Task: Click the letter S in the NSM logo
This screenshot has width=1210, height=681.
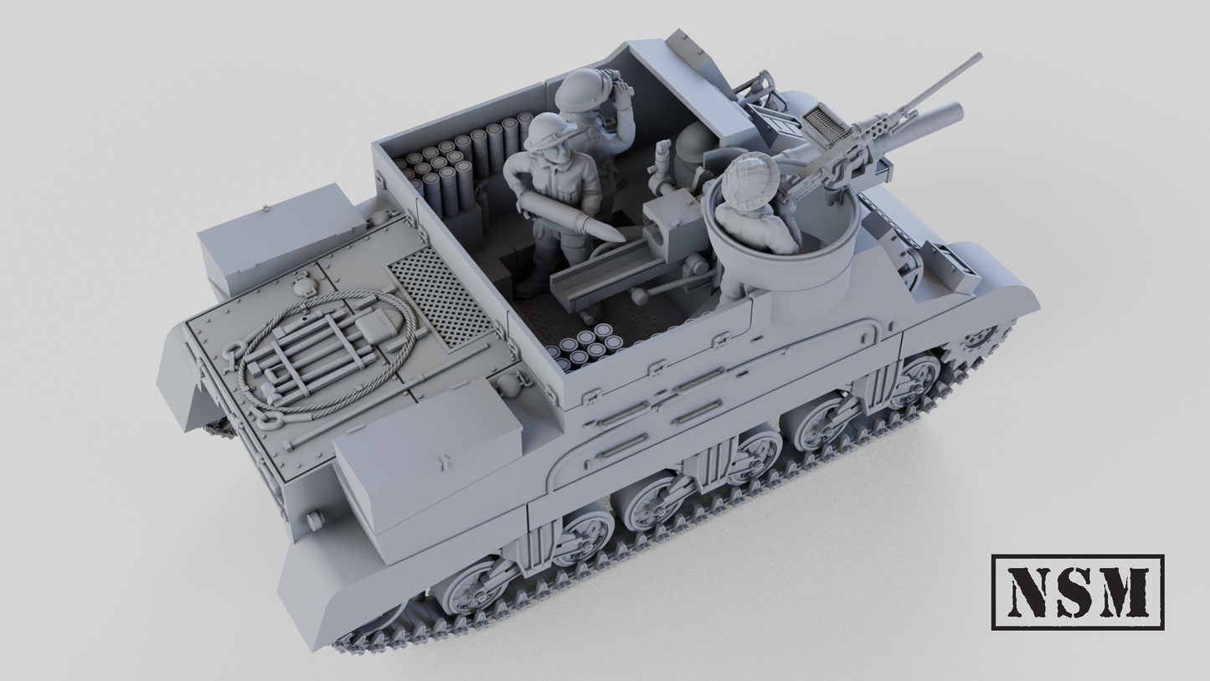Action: coord(1078,592)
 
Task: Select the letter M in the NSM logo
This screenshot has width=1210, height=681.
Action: coord(1125,592)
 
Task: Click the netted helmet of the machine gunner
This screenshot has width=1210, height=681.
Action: coord(747,177)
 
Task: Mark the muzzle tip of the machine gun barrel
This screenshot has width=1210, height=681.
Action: coord(978,58)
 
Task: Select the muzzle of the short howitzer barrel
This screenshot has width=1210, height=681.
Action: coord(955,112)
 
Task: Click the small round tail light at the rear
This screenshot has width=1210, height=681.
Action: coord(315,520)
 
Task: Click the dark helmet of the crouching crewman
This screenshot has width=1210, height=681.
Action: coord(694,144)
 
